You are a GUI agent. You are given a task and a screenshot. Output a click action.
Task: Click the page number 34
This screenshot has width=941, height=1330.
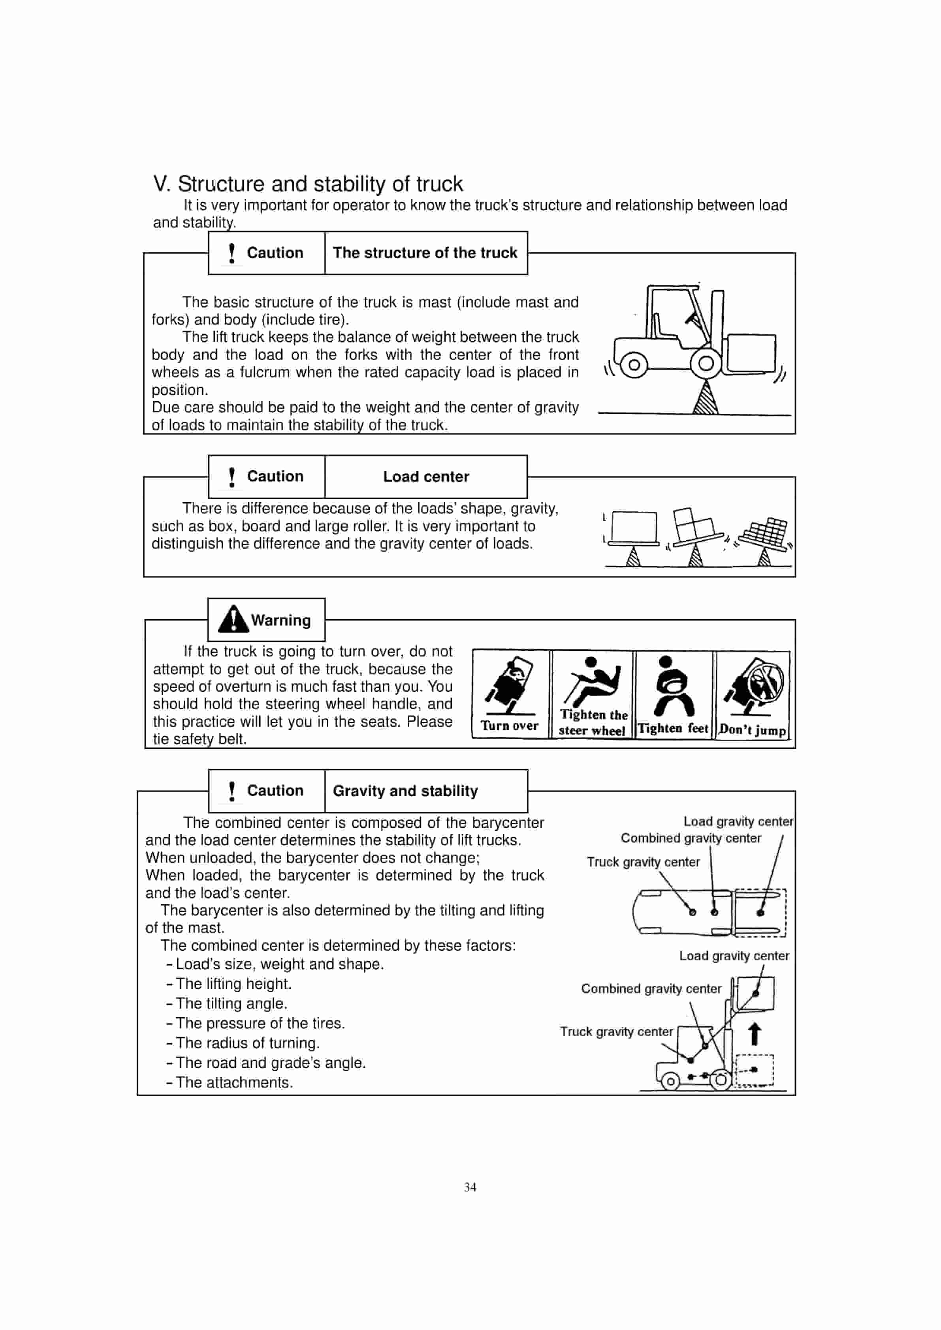tap(470, 1187)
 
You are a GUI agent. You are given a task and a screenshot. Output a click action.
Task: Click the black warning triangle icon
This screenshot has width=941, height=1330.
tap(233, 619)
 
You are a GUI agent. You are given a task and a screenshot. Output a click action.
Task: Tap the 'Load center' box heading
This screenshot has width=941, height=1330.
tap(426, 477)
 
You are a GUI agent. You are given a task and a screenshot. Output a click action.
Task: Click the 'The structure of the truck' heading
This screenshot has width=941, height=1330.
tap(425, 253)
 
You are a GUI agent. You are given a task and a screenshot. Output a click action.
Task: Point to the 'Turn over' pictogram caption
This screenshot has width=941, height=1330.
tap(509, 726)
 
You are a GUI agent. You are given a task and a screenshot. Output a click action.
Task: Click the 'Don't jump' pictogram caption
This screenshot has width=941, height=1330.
tap(752, 730)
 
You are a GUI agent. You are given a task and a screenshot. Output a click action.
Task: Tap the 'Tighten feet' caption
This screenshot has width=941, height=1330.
tap(673, 729)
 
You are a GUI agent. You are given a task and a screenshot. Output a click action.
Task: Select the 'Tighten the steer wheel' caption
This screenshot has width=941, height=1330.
tap(593, 722)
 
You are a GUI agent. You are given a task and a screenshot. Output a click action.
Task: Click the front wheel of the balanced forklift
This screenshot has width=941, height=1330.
tap(706, 364)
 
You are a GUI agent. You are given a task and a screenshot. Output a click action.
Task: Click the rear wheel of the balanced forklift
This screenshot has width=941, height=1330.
tap(634, 365)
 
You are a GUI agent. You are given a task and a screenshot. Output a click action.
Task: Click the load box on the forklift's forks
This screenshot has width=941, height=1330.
tap(751, 352)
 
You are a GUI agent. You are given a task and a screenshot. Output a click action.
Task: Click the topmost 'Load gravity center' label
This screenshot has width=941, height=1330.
tap(738, 821)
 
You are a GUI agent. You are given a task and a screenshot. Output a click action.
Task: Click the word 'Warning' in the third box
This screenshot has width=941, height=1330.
tap(280, 620)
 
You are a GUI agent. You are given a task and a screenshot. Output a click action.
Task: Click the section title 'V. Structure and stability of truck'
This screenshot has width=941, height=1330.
tap(308, 184)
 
